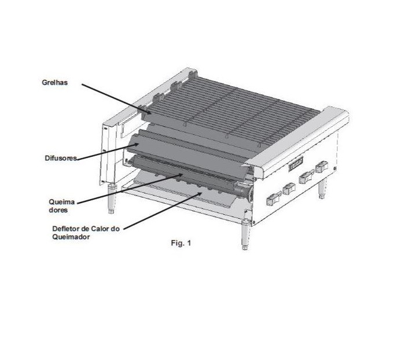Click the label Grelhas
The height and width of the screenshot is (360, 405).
pos(55,82)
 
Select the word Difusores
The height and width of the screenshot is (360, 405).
pos(61,158)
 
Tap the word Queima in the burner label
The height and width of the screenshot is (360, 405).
pos(62,202)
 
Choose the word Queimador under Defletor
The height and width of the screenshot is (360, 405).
pos(71,237)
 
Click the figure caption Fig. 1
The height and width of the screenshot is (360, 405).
pos(181,243)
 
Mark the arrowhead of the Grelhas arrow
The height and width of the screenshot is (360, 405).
pos(149,113)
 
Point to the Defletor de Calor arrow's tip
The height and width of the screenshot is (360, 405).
pos(200,193)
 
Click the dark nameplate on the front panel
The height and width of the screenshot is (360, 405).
pos(296,164)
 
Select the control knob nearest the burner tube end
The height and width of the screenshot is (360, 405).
pos(274,199)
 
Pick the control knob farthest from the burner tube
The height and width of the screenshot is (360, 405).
pos(322,167)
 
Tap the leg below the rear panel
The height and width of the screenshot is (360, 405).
pos(111,198)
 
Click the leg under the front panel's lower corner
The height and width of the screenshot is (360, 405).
pos(245,236)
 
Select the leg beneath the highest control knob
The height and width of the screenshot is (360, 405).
pos(322,188)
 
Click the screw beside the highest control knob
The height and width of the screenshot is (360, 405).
pos(335,168)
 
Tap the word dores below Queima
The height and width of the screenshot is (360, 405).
pos(58,210)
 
